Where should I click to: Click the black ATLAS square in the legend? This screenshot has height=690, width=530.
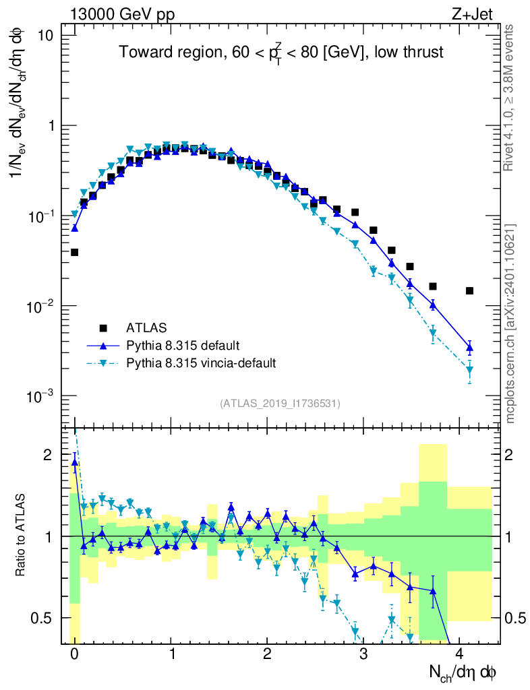[x=104, y=328]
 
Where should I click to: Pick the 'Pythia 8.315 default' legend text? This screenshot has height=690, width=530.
[x=182, y=346]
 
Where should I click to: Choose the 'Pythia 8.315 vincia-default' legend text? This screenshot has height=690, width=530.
[x=201, y=364]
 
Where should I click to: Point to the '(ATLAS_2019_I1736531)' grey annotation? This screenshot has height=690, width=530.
[x=280, y=404]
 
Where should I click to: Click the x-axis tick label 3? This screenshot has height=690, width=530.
[x=363, y=655]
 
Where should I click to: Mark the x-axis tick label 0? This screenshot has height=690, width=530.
[x=74, y=655]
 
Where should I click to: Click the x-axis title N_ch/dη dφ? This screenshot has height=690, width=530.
[x=463, y=672]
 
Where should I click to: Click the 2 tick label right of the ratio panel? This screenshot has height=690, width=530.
[x=519, y=456]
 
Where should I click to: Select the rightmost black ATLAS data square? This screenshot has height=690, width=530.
[x=469, y=291]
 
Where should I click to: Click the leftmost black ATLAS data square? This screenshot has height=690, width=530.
[x=74, y=253]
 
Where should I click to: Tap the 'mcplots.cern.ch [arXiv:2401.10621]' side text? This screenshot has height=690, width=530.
[x=510, y=323]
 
